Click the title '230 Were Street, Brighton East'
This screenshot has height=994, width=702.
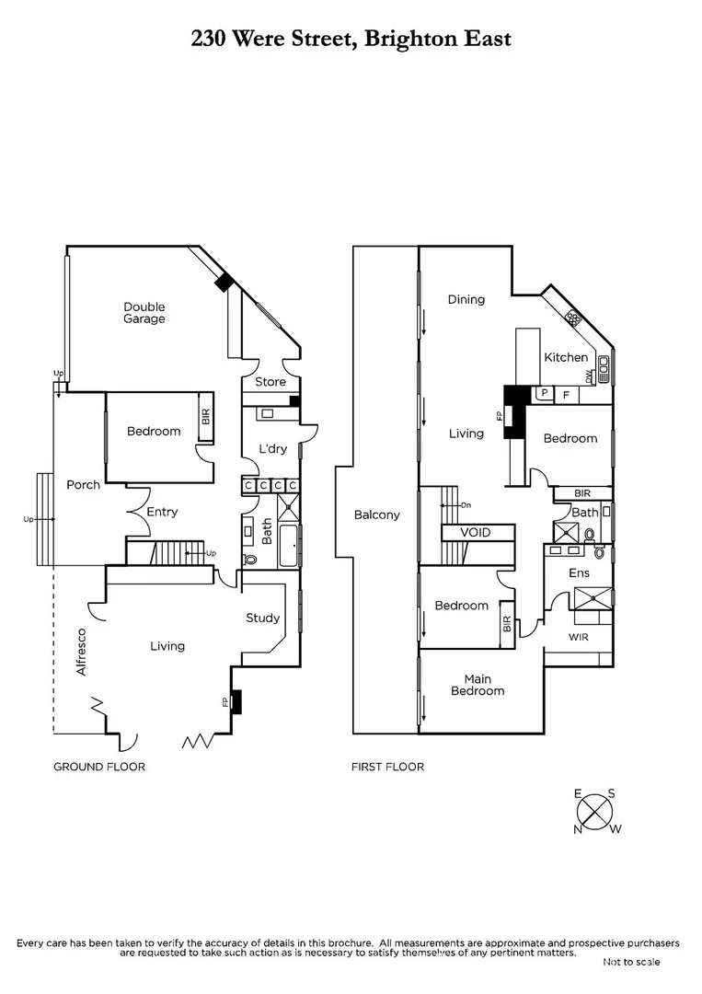click(x=351, y=39)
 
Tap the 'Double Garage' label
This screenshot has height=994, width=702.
click(x=144, y=313)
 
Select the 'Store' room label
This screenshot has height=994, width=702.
click(x=270, y=382)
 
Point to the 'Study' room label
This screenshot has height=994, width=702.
click(x=262, y=618)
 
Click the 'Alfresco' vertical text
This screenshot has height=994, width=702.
click(x=81, y=652)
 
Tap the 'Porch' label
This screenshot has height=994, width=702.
click(x=83, y=485)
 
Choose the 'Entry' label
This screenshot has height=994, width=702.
click(x=162, y=513)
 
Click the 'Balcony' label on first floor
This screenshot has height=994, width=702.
click(x=376, y=515)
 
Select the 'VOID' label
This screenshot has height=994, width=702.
click(x=475, y=533)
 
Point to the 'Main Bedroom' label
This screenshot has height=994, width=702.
click(x=478, y=685)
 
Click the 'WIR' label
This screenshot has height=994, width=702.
click(x=578, y=636)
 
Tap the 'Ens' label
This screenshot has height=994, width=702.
click(x=579, y=573)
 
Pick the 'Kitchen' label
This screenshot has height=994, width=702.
click(x=566, y=358)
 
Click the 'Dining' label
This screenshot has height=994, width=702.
click(x=466, y=299)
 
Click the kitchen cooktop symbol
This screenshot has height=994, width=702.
click(x=573, y=318)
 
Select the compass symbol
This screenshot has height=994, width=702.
click(x=595, y=811)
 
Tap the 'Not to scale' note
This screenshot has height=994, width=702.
click(x=631, y=962)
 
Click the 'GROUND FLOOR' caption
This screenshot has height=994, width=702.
click(x=98, y=767)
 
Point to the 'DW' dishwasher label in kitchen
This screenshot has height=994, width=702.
click(x=588, y=376)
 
